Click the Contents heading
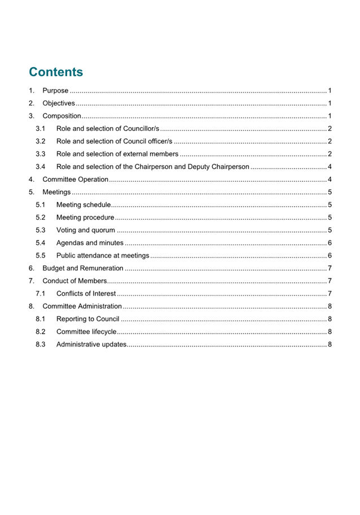coord(56,72)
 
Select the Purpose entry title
coord(55,90)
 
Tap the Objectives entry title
coord(59,103)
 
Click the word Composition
coord(62,116)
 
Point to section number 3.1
coord(40,129)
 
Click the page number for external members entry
coord(329,154)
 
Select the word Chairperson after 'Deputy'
coord(229,167)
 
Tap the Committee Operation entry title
coord(75,180)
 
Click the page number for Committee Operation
coord(329,180)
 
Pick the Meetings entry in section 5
coord(56,192)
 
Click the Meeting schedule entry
coord(84,205)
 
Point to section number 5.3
coord(40,230)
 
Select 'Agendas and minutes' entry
coord(90,243)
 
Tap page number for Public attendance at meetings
coord(329,255)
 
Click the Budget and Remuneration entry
coord(83,268)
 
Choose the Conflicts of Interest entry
coord(86,294)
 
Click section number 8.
coord(32,306)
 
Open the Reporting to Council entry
coord(87,319)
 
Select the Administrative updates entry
coord(91,344)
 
